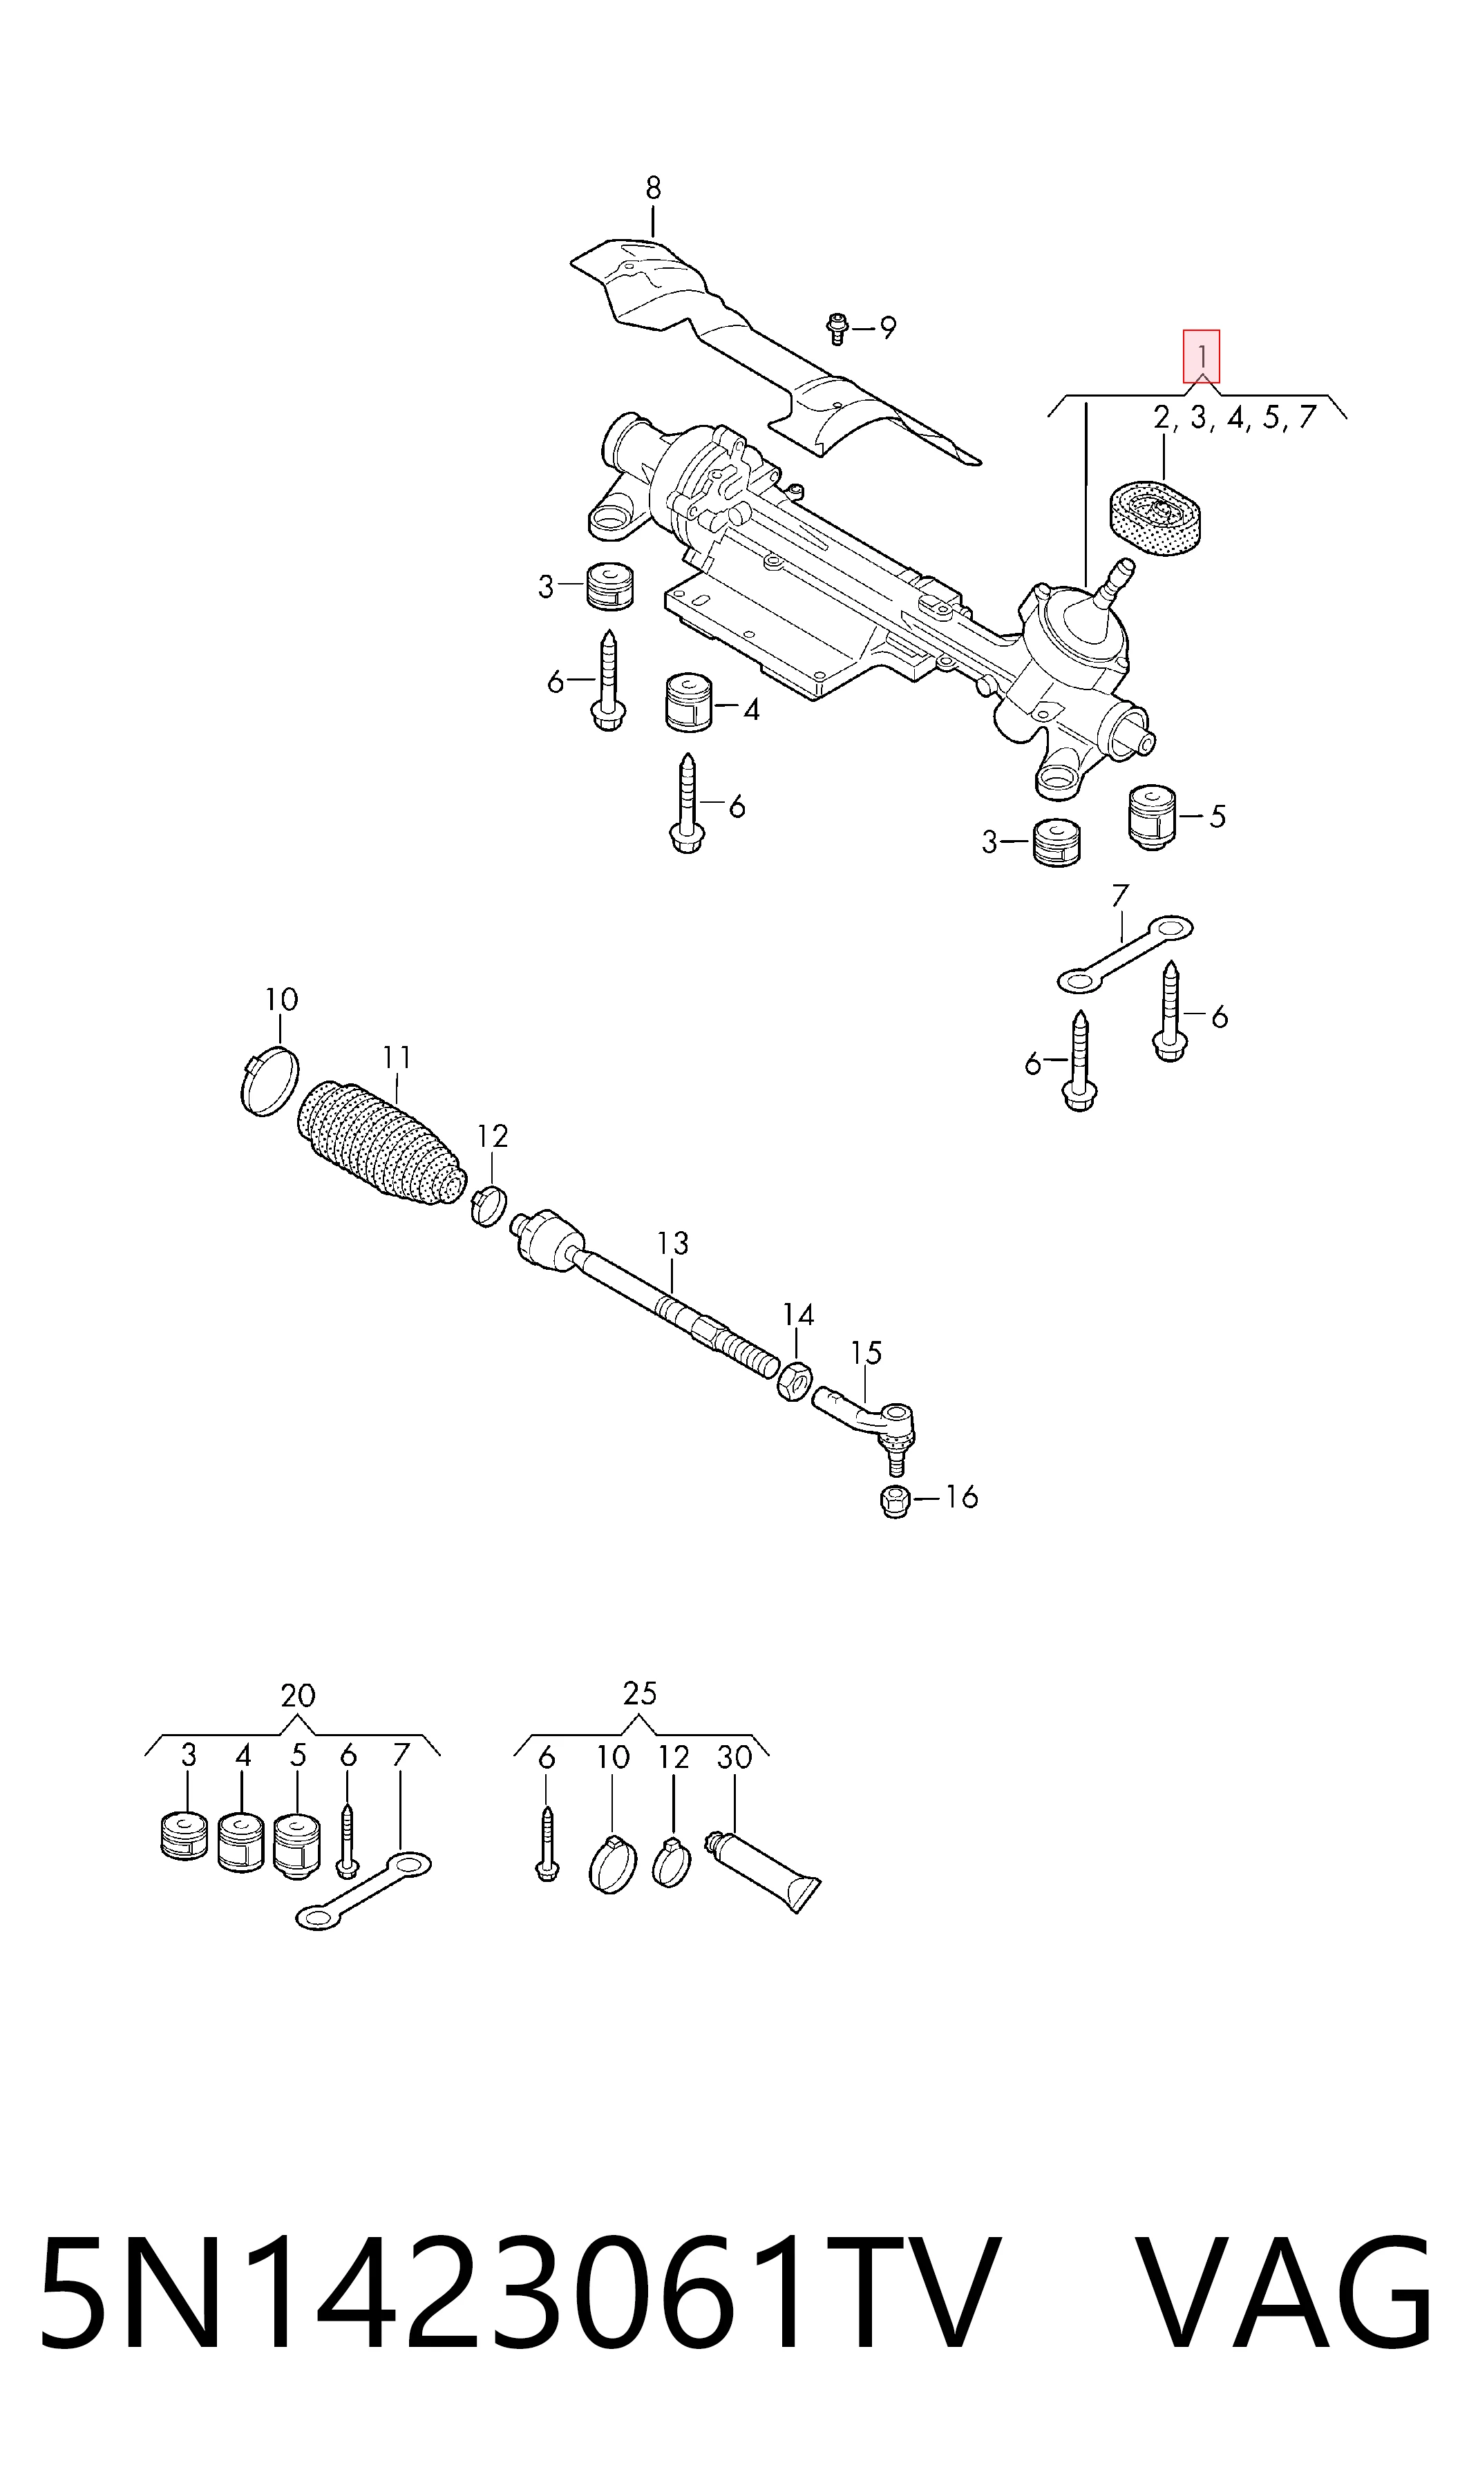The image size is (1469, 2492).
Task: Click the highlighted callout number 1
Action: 1201,356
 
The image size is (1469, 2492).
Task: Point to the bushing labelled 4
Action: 689,702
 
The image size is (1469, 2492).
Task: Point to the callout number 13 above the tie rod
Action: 672,1243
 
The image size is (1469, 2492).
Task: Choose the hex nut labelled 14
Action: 797,1380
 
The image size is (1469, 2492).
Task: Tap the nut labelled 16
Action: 895,1501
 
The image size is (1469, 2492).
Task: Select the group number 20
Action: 297,1695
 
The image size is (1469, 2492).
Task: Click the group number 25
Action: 639,1693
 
